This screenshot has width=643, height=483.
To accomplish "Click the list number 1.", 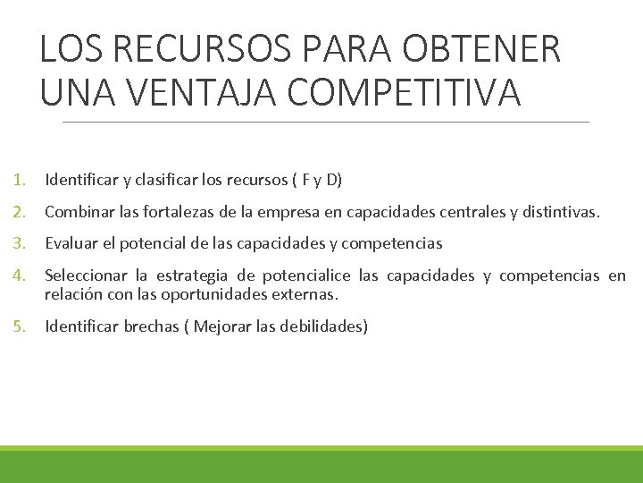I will [x=19, y=180].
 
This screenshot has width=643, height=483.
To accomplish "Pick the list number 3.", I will [x=19, y=242].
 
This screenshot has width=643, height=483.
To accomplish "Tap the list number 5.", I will [x=19, y=326].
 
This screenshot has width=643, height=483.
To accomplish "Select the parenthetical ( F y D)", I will [x=315, y=180].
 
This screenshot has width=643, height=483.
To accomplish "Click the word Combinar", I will [x=76, y=212].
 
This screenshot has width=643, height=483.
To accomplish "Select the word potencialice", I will [x=305, y=275].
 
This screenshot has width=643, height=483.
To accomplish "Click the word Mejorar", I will [x=223, y=326].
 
